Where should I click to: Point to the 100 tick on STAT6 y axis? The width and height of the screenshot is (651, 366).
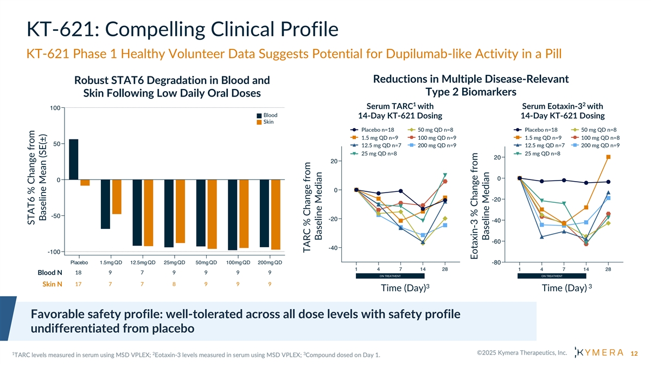[54, 108]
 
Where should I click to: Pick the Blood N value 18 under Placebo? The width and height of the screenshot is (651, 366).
[78, 272]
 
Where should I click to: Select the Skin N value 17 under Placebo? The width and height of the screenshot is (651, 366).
[78, 282]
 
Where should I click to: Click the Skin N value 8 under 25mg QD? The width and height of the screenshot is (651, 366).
[174, 282]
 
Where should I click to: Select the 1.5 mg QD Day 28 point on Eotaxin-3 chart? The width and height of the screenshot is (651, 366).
[609, 157]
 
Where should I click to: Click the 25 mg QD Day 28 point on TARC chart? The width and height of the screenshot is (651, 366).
[445, 175]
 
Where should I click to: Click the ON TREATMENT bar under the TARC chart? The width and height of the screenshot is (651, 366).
[390, 276]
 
